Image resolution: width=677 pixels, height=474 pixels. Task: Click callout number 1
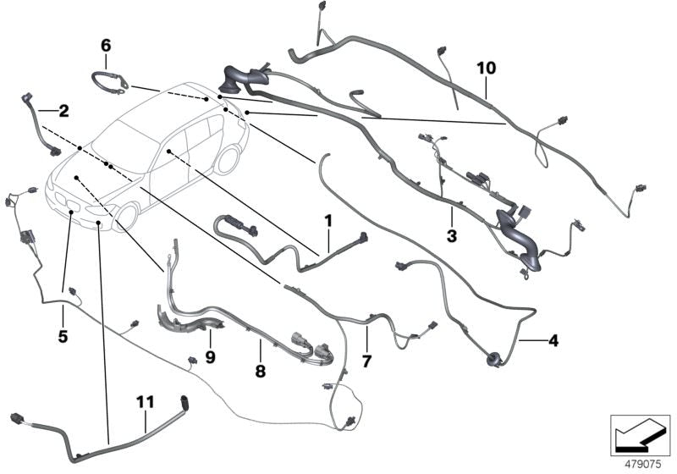(328, 221)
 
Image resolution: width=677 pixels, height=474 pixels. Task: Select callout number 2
(64, 111)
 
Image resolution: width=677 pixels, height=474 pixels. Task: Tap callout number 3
(452, 236)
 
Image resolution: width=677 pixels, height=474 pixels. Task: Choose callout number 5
(63, 336)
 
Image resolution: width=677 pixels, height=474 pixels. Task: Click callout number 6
(106, 46)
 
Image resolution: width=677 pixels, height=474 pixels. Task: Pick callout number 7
(366, 361)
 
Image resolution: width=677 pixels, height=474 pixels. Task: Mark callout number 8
(261, 372)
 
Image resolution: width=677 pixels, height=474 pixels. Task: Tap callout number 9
(210, 357)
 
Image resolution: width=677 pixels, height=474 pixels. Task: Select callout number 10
(487, 68)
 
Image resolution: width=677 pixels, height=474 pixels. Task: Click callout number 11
(145, 402)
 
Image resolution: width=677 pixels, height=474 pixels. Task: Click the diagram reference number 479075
(643, 465)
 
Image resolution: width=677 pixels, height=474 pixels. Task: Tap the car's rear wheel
(228, 159)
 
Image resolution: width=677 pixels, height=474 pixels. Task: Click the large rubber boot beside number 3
(520, 240)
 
